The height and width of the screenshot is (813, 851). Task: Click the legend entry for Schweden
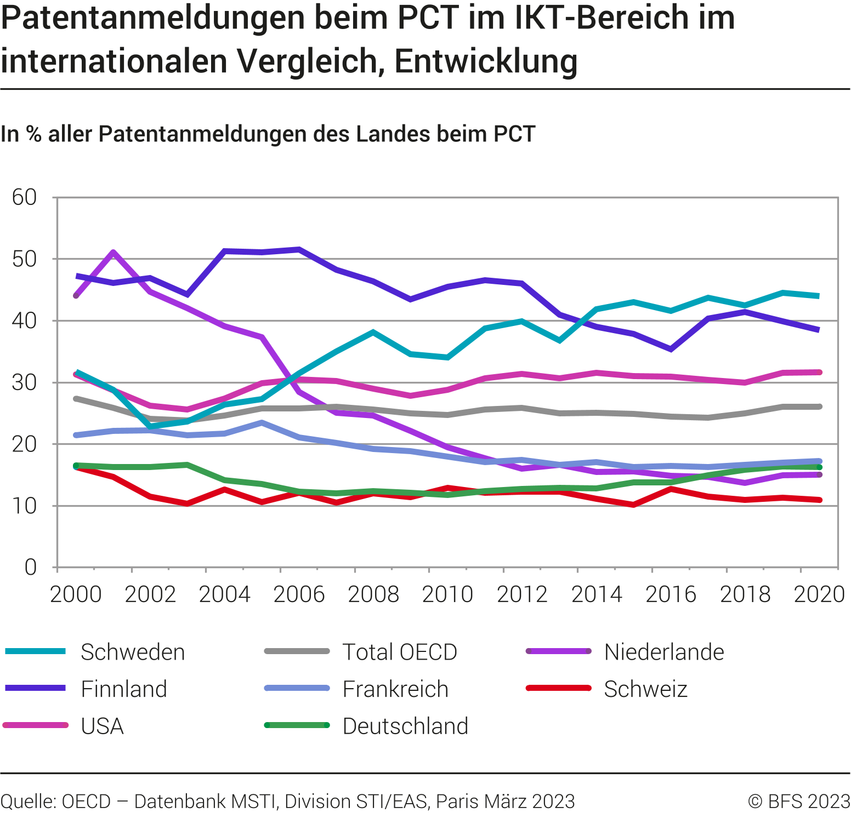coord(132,652)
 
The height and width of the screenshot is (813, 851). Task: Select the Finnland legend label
coord(123,689)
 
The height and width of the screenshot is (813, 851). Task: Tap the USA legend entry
coord(102,726)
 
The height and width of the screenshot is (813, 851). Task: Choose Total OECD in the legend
coord(400,652)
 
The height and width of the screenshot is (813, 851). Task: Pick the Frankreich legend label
coord(395,689)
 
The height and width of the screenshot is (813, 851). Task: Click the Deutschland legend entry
coord(405,726)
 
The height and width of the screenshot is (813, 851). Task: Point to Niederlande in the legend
coord(663,652)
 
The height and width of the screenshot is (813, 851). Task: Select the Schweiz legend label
coord(645,689)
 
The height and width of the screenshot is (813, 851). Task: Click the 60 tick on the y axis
coord(25,197)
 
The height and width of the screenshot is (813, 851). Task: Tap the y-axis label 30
coord(25,382)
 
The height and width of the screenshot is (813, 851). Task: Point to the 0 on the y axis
coord(31,568)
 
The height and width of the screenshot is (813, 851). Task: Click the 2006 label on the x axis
coord(299,594)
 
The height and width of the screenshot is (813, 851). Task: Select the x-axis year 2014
coord(597,594)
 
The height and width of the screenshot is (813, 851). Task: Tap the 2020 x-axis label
coord(819,594)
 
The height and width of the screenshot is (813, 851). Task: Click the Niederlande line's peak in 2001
coord(113,252)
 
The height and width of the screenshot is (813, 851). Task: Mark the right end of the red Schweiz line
coord(819,500)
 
